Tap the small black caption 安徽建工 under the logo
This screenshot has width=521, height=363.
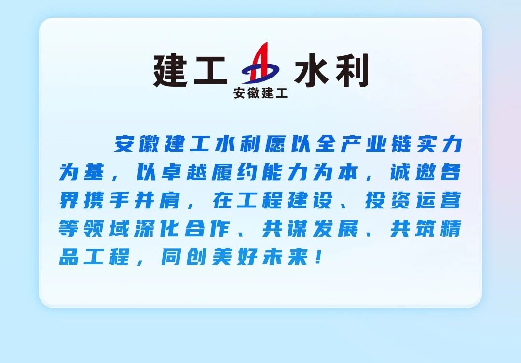click(x=260, y=93)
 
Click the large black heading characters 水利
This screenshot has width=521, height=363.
click(x=331, y=70)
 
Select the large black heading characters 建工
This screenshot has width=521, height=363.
click(x=191, y=71)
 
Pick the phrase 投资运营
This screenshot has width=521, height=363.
click(x=413, y=200)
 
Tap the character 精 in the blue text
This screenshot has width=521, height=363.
click(x=451, y=229)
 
